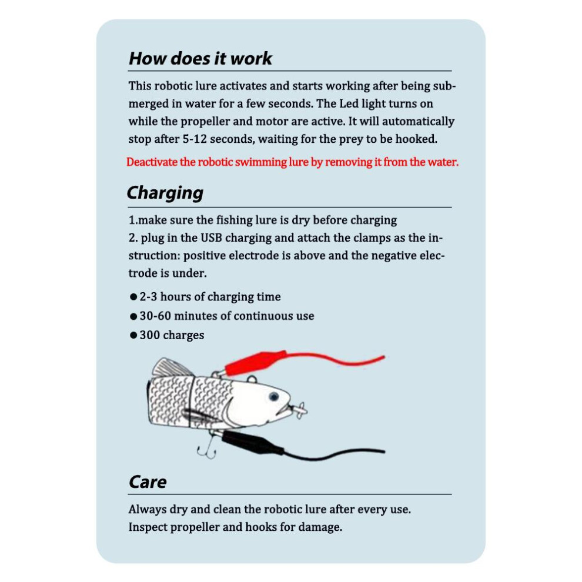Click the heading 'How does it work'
click(200, 59)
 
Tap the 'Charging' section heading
click(165, 193)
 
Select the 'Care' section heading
click(148, 482)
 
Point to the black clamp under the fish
click(252, 441)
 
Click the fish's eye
click(274, 397)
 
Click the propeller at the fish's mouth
click(300, 410)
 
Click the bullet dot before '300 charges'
click(133, 335)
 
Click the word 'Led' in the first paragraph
click(349, 103)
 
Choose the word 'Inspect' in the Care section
click(148, 527)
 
